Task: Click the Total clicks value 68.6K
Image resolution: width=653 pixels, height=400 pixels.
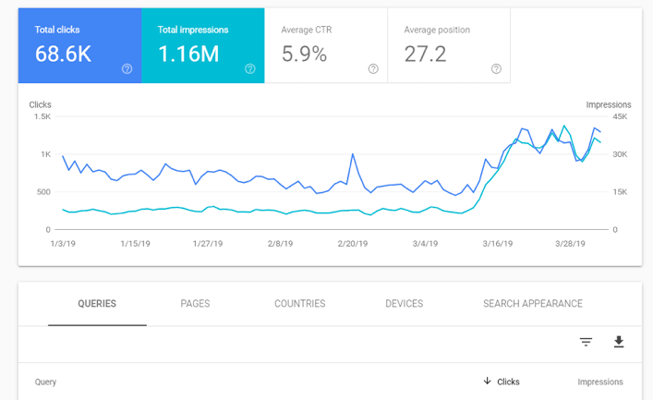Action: tap(63, 55)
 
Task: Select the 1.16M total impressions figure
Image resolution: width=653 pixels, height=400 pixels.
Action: tap(188, 55)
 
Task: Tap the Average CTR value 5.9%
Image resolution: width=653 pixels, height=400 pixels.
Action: tap(304, 55)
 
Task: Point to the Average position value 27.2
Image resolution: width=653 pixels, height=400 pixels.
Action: tap(426, 55)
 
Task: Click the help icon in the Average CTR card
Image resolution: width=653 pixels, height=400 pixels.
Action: tap(373, 68)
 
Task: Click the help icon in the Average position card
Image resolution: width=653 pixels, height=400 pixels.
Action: tap(496, 68)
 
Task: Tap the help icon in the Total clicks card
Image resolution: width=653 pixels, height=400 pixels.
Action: tap(127, 68)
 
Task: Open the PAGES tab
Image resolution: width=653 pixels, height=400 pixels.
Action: tap(195, 304)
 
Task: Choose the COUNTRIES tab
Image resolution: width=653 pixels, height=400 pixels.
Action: tap(299, 304)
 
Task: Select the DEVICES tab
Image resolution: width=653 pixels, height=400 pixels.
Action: tap(404, 304)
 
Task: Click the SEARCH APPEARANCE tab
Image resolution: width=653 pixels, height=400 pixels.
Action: tap(532, 304)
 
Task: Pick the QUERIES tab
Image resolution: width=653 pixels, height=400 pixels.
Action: tap(97, 304)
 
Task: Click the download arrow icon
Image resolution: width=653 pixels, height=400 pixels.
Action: tap(619, 342)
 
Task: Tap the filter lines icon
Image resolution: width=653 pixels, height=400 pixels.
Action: tap(586, 342)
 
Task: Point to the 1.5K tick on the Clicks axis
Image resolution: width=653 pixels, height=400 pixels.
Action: tap(42, 116)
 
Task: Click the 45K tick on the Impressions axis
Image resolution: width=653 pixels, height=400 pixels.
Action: tap(621, 116)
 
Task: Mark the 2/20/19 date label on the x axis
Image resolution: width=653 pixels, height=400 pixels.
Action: tap(353, 244)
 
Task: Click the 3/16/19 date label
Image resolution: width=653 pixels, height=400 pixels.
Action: tap(497, 244)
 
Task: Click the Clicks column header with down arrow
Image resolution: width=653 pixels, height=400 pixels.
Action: tap(502, 382)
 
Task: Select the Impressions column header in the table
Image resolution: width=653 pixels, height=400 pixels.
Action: tap(600, 382)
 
